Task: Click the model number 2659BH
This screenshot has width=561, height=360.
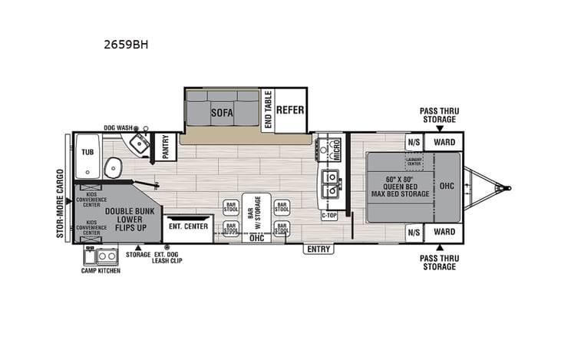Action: click(x=126, y=45)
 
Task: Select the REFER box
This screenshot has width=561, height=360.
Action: click(x=290, y=110)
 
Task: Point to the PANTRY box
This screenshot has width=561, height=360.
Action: click(x=165, y=147)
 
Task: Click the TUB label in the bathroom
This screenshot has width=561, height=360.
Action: click(x=88, y=152)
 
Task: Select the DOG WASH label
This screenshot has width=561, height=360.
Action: click(x=119, y=128)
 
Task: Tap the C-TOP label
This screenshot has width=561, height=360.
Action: click(x=329, y=215)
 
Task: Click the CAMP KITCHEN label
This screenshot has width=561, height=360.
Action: click(x=101, y=271)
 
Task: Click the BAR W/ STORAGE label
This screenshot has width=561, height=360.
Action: click(x=256, y=213)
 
